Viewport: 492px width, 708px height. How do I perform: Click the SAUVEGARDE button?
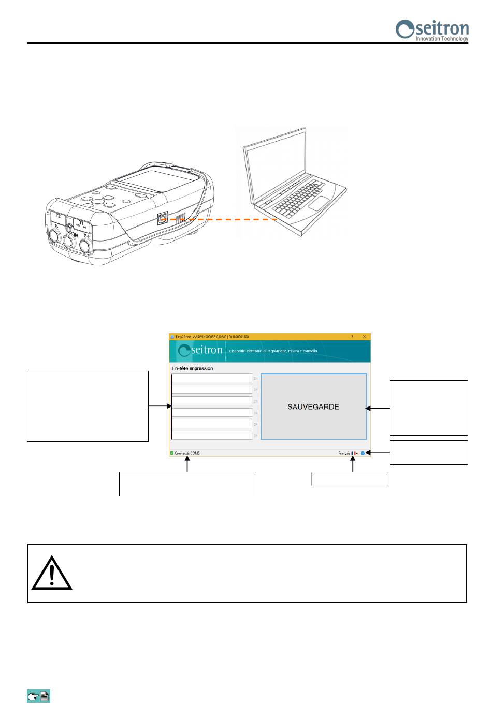coord(313,407)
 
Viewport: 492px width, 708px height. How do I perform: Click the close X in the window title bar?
coord(364,337)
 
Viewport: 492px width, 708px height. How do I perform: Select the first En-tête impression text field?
coord(212,378)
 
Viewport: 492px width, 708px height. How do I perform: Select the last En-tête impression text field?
coord(212,435)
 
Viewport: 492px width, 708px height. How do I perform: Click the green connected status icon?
coord(172,453)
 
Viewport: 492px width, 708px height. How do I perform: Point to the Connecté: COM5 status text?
coord(187,453)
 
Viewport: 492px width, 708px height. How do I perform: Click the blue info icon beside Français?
coord(363,453)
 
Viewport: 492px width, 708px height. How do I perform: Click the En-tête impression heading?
coord(192,369)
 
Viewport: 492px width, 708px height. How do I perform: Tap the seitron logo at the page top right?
coord(432,30)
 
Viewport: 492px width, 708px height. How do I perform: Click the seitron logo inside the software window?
coord(200,351)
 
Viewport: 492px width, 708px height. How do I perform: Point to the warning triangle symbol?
coord(52,574)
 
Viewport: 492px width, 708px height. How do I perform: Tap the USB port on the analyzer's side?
coord(162,218)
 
